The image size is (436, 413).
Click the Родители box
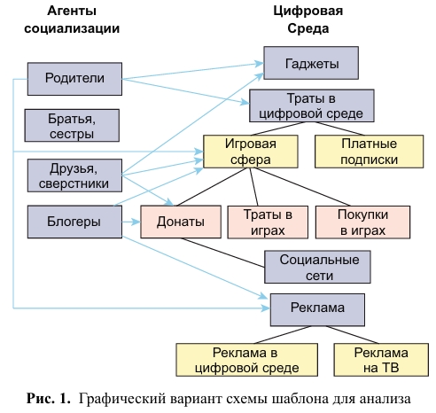click(74, 79)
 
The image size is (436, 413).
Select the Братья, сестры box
click(72, 126)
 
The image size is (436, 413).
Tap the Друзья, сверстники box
click(74, 175)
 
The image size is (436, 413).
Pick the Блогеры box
click(74, 222)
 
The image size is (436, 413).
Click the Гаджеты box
click(311, 63)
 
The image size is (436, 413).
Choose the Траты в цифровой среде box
click(312, 105)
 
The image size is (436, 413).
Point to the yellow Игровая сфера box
click(251, 152)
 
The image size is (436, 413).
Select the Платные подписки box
click(370, 152)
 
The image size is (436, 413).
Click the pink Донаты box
click(181, 222)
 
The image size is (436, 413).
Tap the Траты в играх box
click(268, 222)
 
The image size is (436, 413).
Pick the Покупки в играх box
click(362, 222)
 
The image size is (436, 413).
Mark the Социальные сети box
click(317, 267)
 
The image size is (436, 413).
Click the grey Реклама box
click(317, 309)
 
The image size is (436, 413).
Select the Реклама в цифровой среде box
click(247, 360)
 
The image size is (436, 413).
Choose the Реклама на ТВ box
click(381, 360)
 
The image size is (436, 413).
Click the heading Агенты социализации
click(72, 19)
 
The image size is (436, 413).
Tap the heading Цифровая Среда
click(308, 19)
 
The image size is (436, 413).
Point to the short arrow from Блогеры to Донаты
click(131, 222)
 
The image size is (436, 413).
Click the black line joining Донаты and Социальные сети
click(222, 253)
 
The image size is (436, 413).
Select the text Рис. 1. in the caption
click(49, 398)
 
